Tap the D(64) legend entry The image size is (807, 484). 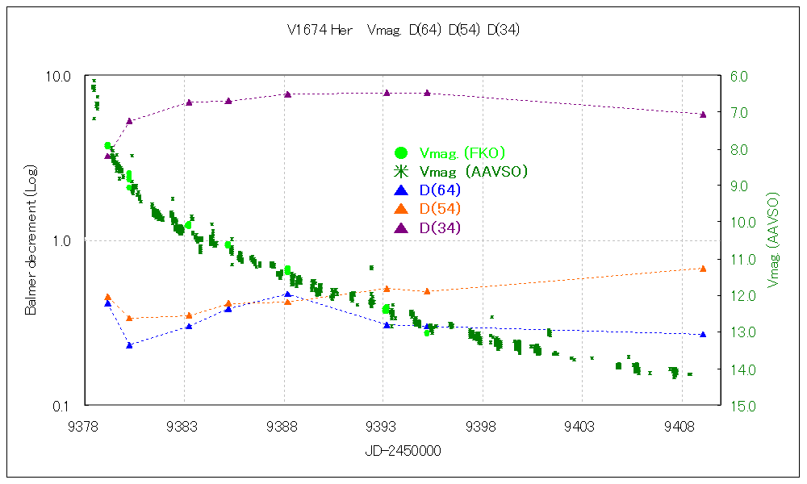pos(441,190)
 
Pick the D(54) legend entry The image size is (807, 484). pos(441,209)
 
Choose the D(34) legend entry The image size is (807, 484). pos(441,228)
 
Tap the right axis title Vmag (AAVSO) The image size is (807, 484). pos(774,240)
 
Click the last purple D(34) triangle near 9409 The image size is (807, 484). pos(703,115)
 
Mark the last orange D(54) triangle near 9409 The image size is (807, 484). pos(703,269)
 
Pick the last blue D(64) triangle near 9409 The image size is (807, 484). pos(703,334)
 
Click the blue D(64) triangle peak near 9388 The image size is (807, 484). pos(287,294)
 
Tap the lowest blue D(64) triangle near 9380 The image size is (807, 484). pos(129,345)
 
